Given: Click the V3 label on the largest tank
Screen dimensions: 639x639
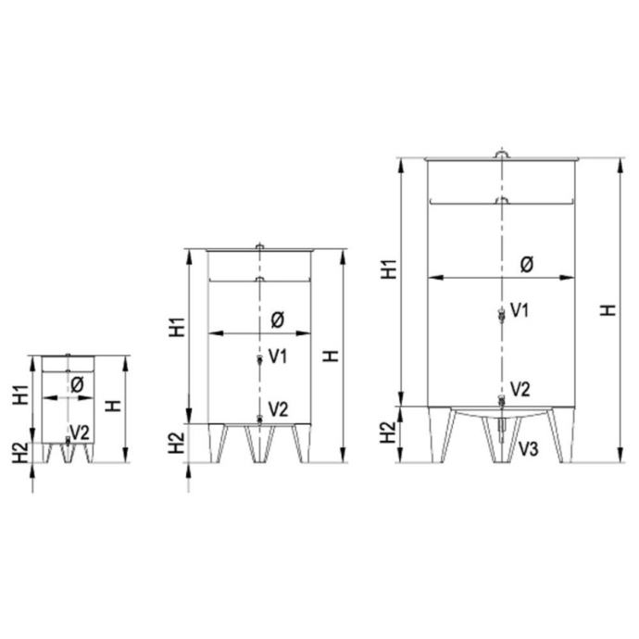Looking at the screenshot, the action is tap(529, 448).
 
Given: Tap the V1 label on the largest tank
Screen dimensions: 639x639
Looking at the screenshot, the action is tap(520, 310).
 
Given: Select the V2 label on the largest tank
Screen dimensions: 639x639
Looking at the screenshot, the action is tap(520, 389).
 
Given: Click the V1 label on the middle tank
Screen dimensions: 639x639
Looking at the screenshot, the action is tap(278, 357).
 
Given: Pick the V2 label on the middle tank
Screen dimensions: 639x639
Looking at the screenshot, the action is tap(279, 408).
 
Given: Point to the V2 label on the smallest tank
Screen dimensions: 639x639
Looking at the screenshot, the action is tap(80, 432).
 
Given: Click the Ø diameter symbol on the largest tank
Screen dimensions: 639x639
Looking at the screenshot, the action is tap(527, 265).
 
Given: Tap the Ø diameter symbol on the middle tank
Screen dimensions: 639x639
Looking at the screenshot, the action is tap(278, 319).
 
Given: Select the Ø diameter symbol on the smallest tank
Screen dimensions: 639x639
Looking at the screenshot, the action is tap(77, 384).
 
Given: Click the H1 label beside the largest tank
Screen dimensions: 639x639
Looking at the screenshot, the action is tap(389, 269).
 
